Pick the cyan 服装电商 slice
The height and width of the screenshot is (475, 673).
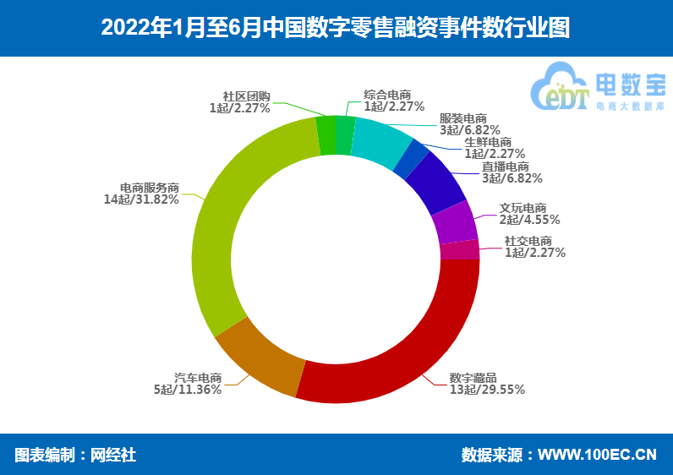click(x=380, y=139)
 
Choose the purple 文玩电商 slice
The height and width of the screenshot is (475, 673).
click(x=456, y=224)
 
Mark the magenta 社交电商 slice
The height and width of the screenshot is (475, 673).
click(x=460, y=250)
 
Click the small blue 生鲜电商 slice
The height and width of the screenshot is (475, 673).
click(x=410, y=157)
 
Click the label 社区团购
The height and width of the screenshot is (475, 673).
click(x=246, y=96)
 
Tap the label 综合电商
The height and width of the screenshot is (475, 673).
click(x=387, y=95)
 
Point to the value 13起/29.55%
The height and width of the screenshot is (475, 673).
click(x=487, y=390)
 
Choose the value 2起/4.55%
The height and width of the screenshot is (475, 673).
click(x=529, y=220)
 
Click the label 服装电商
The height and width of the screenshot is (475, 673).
click(x=463, y=119)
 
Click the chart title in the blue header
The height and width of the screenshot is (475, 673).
click(x=336, y=28)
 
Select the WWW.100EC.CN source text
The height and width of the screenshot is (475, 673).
click(x=597, y=455)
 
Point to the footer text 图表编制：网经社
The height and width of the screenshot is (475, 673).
click(x=75, y=455)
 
